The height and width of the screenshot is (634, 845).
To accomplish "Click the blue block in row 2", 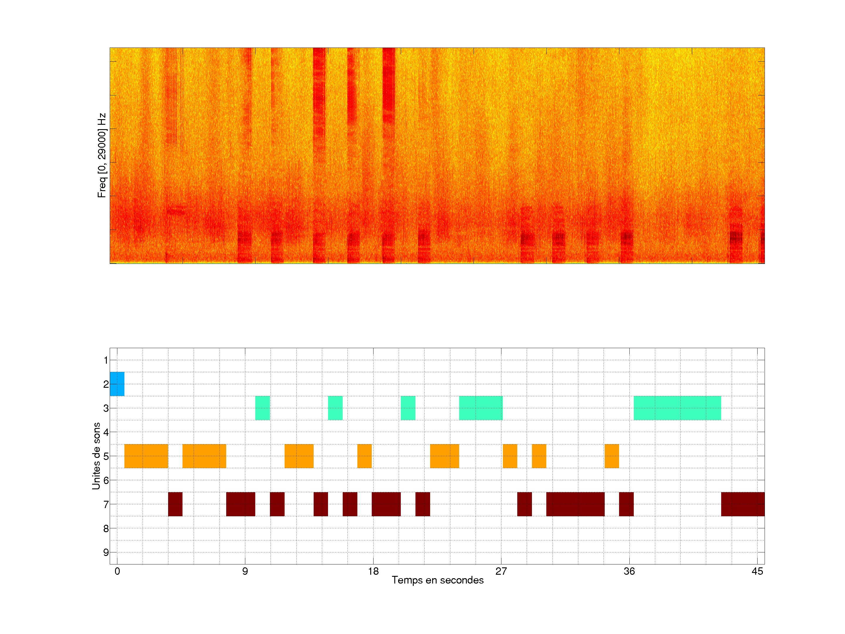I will tap(117, 384).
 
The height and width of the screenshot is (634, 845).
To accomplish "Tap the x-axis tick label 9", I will tap(245, 571).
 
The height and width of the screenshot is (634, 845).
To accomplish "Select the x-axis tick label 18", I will tap(373, 571).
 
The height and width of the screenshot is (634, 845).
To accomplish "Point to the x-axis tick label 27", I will tap(501, 571).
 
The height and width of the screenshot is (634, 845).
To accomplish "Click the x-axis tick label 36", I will tap(629, 571).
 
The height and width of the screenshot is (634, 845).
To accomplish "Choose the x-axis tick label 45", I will tap(757, 571).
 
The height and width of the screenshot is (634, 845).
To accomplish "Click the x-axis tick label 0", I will tap(117, 571).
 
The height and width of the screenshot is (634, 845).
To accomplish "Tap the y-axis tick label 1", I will tap(106, 360).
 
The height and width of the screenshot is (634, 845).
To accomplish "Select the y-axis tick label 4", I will tap(106, 432).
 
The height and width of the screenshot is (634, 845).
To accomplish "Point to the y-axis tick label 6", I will tap(106, 480).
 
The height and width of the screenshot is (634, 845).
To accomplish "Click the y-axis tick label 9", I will tap(106, 552).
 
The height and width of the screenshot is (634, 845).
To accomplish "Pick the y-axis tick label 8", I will tap(106, 529).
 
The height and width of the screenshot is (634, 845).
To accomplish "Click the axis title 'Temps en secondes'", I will tap(437, 580).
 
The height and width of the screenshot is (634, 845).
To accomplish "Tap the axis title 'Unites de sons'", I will tap(96, 456).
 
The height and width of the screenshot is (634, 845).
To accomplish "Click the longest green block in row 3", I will tap(677, 408).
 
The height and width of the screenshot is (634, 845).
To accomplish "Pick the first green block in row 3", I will tap(262, 408).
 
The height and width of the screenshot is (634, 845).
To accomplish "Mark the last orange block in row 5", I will tap(611, 456).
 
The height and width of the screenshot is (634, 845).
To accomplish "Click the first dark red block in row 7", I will tap(175, 504).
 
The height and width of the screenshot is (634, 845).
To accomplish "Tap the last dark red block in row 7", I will tap(743, 504).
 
